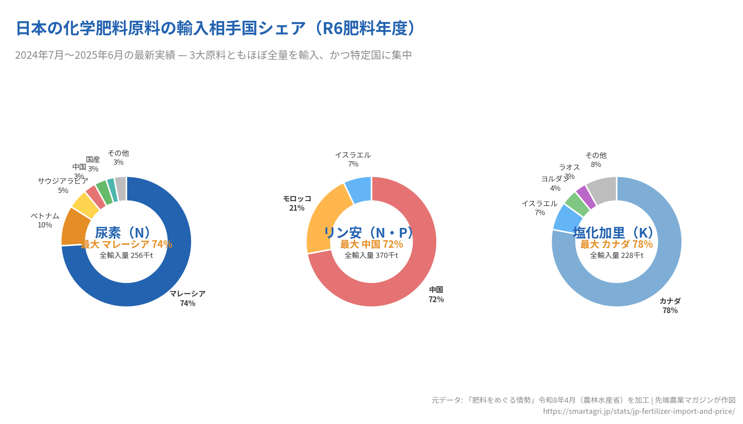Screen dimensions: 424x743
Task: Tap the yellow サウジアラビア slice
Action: pyautogui.click(x=85, y=204)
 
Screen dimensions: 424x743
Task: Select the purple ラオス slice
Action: pyautogui.click(x=586, y=197)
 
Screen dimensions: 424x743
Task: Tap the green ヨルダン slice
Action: pyautogui.click(x=577, y=204)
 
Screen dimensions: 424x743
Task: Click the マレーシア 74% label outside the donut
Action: pyautogui.click(x=188, y=299)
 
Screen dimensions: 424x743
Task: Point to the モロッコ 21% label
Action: pyautogui.click(x=297, y=203)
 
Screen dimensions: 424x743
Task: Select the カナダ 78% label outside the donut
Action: pyautogui.click(x=670, y=306)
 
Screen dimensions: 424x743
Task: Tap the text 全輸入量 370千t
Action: pyautogui.click(x=371, y=255)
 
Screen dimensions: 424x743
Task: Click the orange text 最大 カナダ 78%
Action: pyautogui.click(x=617, y=244)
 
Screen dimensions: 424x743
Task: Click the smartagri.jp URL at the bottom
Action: pyautogui.click(x=639, y=411)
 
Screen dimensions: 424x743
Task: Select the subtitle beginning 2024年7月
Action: pyautogui.click(x=214, y=55)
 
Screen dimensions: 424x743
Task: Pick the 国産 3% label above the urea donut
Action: pyautogui.click(x=93, y=164)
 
